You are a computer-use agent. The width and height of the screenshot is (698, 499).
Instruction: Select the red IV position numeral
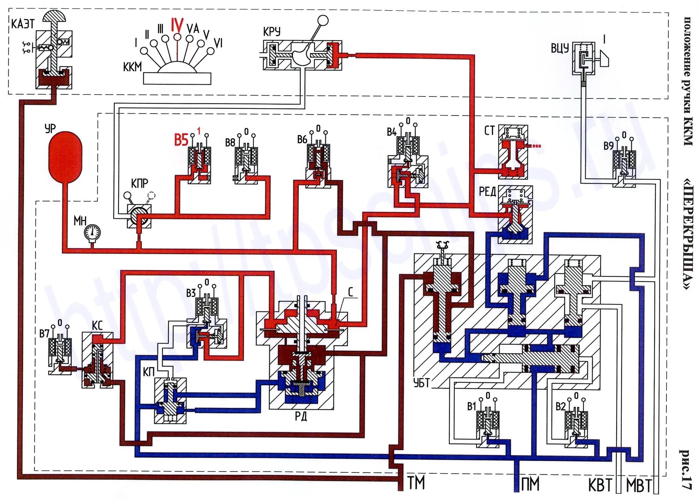(177, 26)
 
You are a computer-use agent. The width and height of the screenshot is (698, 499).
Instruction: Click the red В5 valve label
(181, 140)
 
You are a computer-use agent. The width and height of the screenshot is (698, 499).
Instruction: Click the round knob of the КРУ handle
(323, 21)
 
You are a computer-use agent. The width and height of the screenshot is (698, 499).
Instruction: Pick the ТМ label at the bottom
(416, 483)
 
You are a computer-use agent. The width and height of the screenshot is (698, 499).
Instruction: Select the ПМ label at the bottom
(530, 484)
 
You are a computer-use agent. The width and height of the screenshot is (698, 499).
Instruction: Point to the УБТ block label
(421, 383)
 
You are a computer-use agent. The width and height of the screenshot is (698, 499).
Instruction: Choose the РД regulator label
(301, 417)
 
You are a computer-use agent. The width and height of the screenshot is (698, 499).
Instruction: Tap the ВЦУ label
(560, 48)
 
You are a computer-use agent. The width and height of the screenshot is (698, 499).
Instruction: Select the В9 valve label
(609, 146)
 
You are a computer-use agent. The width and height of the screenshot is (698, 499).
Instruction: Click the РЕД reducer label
(487, 192)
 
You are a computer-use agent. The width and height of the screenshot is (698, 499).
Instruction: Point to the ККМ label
(132, 67)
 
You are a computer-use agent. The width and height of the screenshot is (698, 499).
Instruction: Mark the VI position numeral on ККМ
(218, 43)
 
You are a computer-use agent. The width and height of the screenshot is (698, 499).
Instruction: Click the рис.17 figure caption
(685, 469)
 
